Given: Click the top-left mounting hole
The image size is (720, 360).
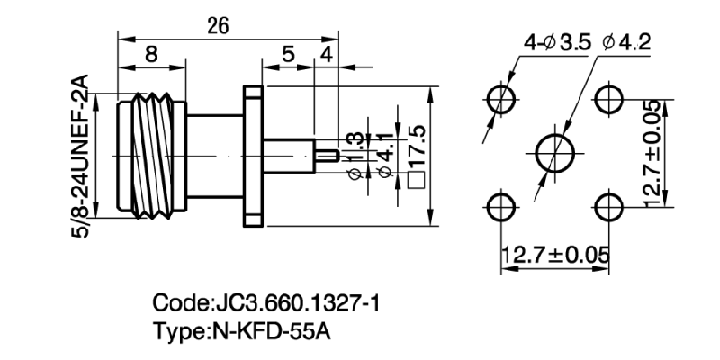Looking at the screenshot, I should click(500, 98).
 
